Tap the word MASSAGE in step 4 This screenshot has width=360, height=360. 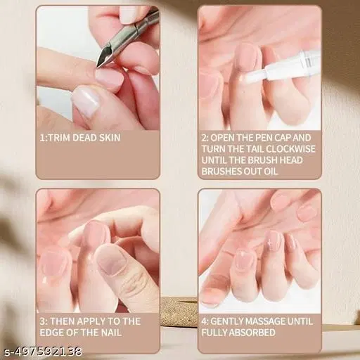(x=275, y=321)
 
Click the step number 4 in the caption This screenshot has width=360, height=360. (x=205, y=321)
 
